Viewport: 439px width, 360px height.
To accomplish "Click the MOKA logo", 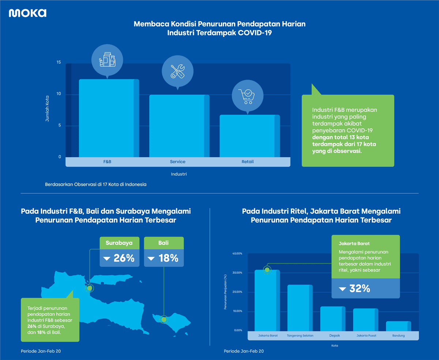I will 27,13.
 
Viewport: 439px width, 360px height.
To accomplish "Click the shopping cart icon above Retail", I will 248,96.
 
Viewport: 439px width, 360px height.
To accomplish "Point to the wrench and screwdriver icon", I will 177,71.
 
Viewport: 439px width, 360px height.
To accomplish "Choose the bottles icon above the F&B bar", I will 107,59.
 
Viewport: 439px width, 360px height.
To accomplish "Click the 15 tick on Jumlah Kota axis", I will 59,62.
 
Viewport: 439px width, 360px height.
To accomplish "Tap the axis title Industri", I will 179,174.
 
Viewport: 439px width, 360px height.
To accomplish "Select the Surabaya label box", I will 119,243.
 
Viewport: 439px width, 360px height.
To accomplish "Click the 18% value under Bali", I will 164,258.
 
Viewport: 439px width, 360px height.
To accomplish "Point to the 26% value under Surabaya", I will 120,258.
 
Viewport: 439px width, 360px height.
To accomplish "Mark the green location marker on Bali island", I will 164,319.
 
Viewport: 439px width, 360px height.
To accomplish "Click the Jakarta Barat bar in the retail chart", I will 267,300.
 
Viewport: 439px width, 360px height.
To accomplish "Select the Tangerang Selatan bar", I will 300,308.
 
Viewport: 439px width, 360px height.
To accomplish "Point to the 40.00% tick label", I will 237,253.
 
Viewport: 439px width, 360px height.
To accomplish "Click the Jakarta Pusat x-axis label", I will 365,336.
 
